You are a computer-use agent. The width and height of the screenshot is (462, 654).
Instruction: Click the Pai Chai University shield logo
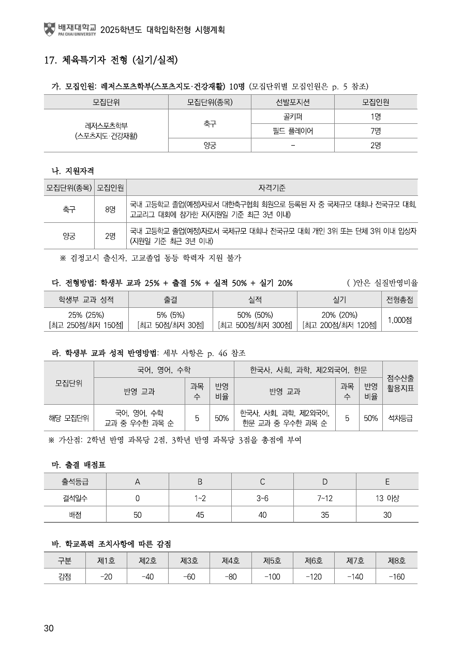[49, 29]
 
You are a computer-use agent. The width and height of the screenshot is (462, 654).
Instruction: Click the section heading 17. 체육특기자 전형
[111, 60]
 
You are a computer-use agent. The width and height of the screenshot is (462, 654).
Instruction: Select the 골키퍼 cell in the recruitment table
[293, 116]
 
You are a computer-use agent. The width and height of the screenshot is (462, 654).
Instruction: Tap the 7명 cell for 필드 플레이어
[376, 131]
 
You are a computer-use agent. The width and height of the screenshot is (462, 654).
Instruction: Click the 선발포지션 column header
[293, 102]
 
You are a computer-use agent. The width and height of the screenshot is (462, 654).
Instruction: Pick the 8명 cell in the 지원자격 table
[110, 209]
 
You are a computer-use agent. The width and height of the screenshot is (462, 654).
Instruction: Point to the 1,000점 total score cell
[400, 320]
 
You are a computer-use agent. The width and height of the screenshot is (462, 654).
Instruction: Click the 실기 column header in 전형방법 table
[339, 300]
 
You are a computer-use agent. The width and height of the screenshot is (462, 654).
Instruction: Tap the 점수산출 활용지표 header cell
[400, 382]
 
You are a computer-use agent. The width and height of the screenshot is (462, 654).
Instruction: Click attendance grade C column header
[262, 482]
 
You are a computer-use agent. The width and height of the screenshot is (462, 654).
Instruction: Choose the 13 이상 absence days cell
[387, 499]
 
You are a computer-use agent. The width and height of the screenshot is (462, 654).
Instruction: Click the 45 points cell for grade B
[200, 515]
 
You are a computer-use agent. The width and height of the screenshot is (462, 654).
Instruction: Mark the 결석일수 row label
[75, 499]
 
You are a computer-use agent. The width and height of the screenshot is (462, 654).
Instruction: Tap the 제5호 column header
[272, 561]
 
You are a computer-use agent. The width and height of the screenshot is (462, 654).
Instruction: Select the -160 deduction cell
[396, 576]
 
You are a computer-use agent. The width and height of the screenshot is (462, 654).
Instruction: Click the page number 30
[49, 629]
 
